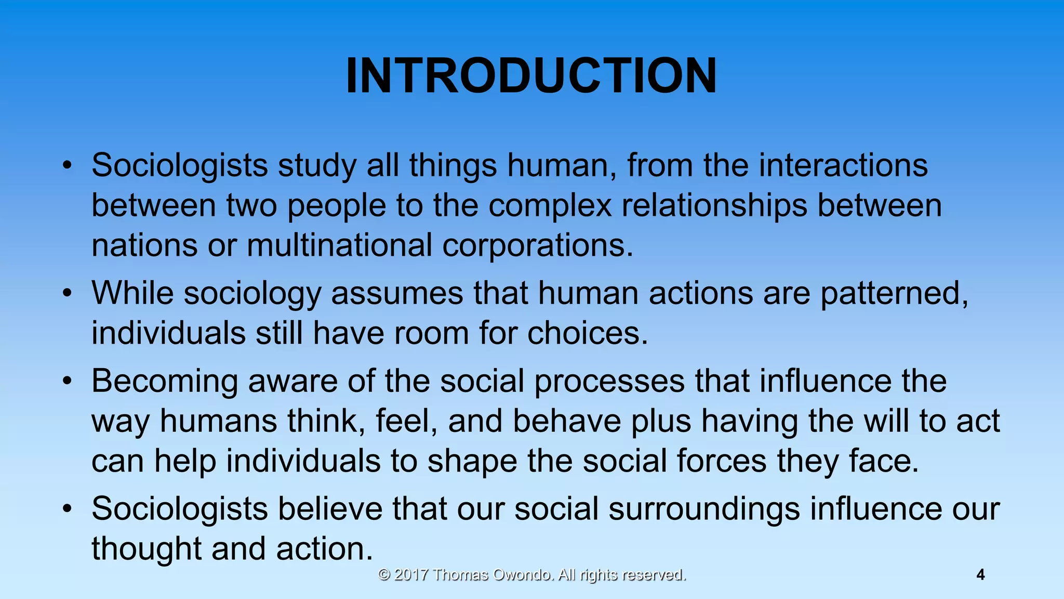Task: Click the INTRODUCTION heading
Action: (x=531, y=76)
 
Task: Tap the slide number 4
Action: (x=980, y=575)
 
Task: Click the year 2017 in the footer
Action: (x=411, y=575)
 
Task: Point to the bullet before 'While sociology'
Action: (x=66, y=294)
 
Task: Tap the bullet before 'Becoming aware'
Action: (x=66, y=382)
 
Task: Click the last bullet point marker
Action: (x=66, y=509)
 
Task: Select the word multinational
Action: (x=339, y=245)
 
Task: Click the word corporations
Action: (x=538, y=246)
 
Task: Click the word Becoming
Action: (x=165, y=382)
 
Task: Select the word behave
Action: (x=567, y=421)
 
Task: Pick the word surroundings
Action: (x=704, y=510)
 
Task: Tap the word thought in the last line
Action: (x=147, y=549)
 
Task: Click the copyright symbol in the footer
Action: (x=384, y=575)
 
